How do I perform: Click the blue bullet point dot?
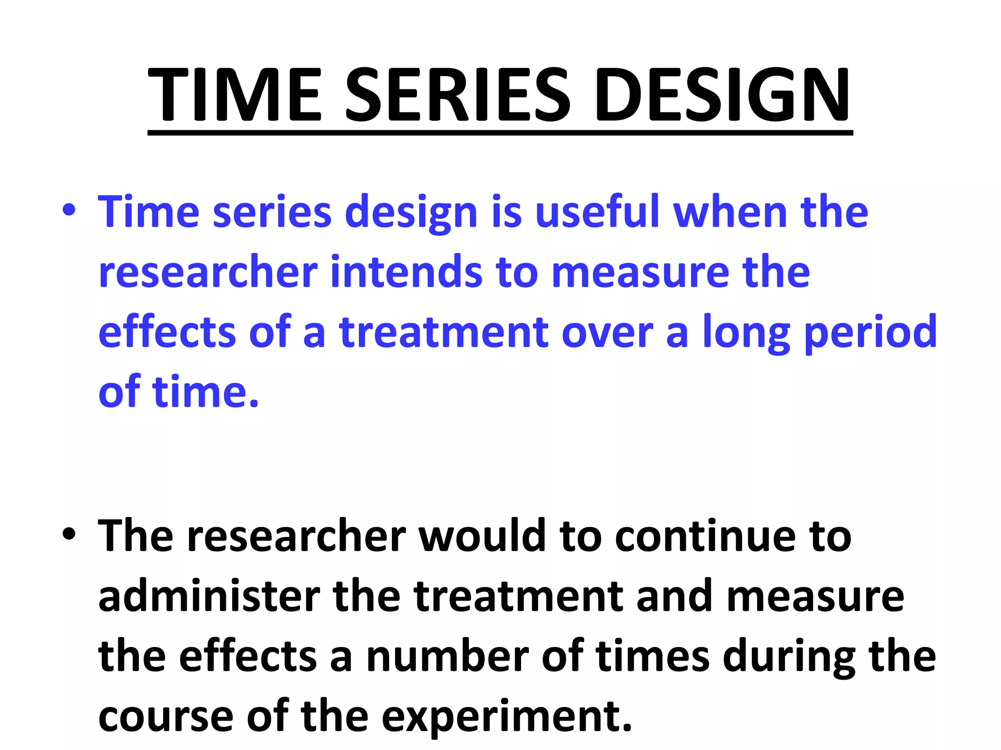(69, 211)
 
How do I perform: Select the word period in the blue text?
(870, 332)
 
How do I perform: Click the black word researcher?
(296, 536)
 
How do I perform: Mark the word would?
(482, 536)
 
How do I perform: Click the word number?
(447, 656)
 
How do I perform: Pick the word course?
(166, 717)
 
